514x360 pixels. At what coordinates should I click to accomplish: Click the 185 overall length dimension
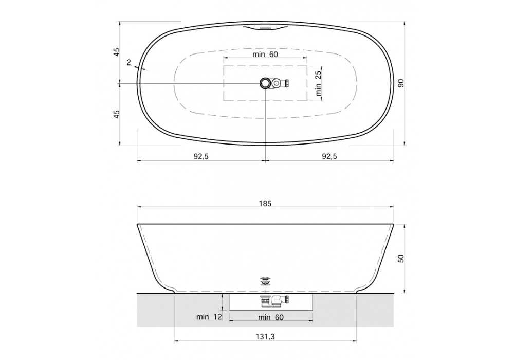pyautogui.click(x=265, y=204)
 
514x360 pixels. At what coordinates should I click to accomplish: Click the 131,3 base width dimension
pyautogui.click(x=265, y=337)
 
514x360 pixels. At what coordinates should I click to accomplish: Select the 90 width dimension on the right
pyautogui.click(x=401, y=83)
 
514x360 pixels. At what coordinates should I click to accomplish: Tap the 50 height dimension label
pyautogui.click(x=401, y=258)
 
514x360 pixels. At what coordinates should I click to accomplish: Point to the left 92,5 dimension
pyautogui.click(x=201, y=156)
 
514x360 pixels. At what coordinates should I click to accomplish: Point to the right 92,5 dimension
pyautogui.click(x=329, y=156)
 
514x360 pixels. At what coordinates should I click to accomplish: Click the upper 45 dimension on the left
pyautogui.click(x=117, y=52)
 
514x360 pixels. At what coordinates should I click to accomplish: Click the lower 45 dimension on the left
pyautogui.click(x=117, y=114)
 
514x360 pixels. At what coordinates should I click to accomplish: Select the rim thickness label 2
pyautogui.click(x=129, y=62)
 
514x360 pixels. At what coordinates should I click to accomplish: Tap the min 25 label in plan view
pyautogui.click(x=318, y=83)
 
